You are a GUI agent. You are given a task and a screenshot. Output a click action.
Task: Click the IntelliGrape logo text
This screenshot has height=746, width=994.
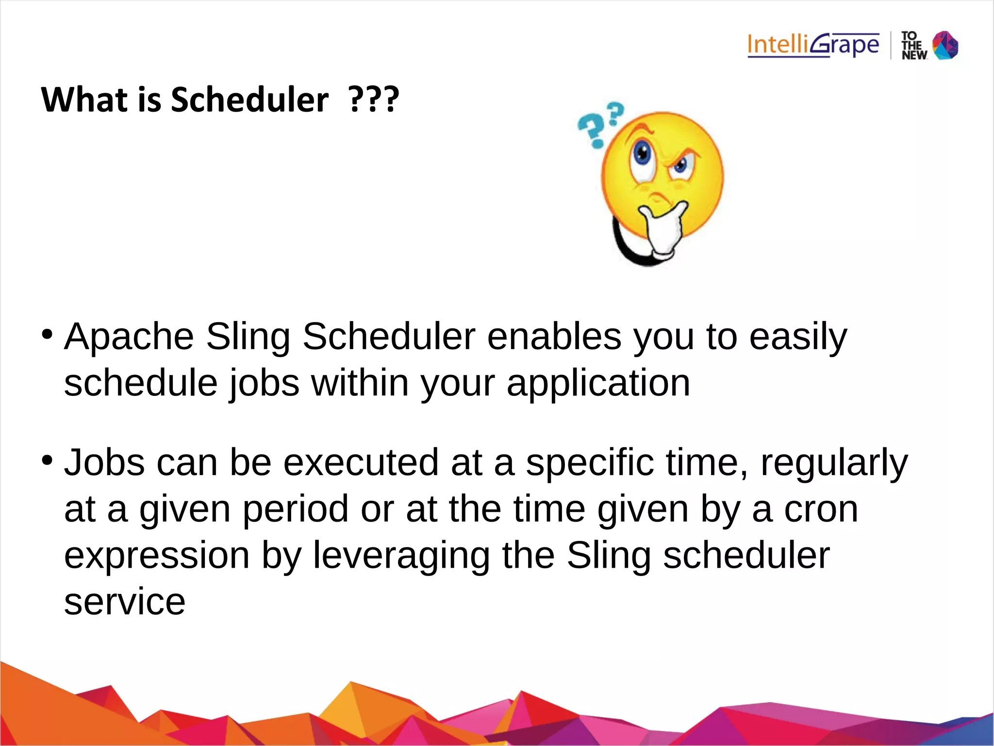[x=813, y=45]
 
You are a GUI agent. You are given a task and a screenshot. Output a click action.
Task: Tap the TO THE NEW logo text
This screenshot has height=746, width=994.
[x=914, y=46]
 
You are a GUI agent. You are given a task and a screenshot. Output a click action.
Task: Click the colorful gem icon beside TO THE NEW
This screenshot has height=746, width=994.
[x=945, y=45]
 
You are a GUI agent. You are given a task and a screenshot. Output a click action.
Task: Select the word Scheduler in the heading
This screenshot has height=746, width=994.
[x=249, y=100]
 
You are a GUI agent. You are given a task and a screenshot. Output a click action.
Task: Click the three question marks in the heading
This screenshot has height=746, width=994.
[x=374, y=100]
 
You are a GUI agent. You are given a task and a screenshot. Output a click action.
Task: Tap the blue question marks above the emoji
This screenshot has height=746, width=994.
[x=599, y=124]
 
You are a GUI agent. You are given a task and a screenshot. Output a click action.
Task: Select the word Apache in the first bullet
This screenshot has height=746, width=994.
[x=129, y=336]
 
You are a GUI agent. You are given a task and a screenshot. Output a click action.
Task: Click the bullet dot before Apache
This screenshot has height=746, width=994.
[x=47, y=334]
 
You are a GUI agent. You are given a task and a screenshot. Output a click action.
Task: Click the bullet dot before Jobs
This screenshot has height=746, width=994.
[x=47, y=459]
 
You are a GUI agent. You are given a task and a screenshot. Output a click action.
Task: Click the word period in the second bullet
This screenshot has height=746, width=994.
[x=296, y=510]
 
